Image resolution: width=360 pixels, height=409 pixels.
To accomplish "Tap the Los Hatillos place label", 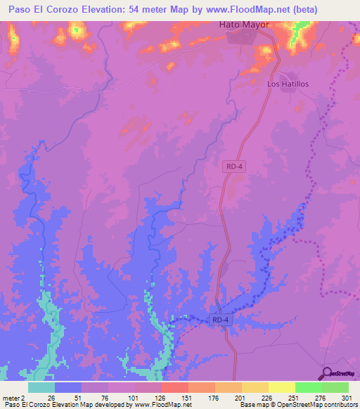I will pyautogui.click(x=288, y=84).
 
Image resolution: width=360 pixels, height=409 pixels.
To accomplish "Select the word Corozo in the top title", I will pyautogui.click(x=76, y=10).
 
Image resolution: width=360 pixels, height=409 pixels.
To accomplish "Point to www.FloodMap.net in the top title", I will pyautogui.click(x=241, y=10).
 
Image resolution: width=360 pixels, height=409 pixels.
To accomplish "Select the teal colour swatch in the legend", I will pyautogui.click(x=41, y=387).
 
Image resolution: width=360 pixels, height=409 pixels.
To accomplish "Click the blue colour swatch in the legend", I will pyautogui.click(x=68, y=387).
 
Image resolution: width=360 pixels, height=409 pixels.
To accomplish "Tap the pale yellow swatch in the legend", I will pyautogui.click(x=282, y=387).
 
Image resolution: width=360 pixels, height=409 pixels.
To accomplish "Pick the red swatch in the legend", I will pyautogui.click(x=175, y=387).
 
